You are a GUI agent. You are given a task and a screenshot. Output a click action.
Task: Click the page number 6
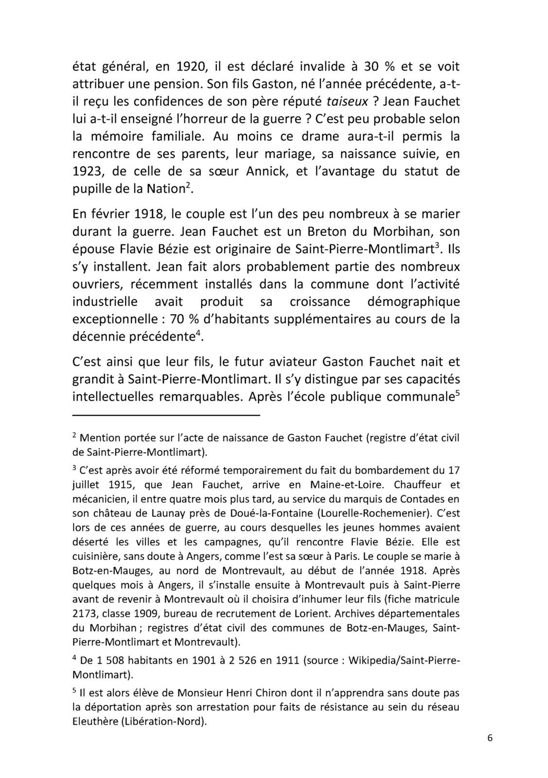490,738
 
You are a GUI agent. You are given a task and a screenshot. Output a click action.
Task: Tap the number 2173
85,614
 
